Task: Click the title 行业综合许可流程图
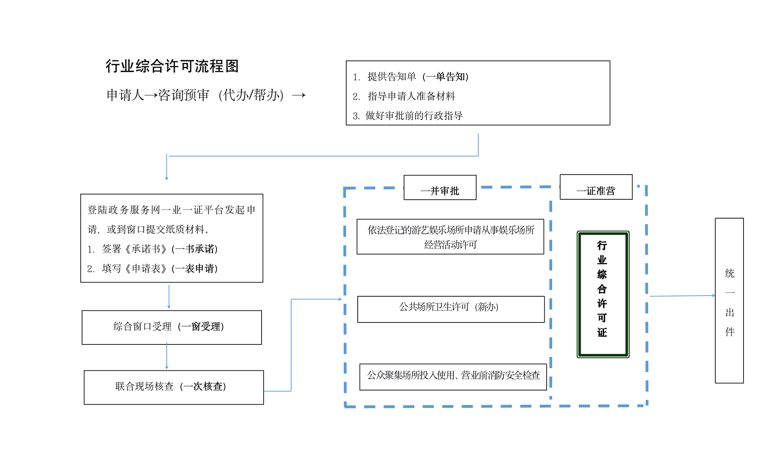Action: pos(172,66)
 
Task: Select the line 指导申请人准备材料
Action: pos(404,96)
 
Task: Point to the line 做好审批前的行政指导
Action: pos(408,116)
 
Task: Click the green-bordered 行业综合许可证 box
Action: pos(603,294)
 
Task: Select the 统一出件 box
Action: pos(729,301)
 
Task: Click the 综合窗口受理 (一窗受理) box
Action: pos(171,327)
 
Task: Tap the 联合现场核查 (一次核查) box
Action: pos(173,387)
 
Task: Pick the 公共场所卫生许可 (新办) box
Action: pos(451,309)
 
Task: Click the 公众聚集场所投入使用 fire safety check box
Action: pos(453,377)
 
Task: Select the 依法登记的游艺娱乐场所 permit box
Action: pos(450,237)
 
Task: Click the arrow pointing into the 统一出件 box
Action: pos(682,296)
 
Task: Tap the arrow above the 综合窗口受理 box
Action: pos(169,296)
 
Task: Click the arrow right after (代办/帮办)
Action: pos(298,95)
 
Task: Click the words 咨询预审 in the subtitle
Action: pos(184,95)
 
